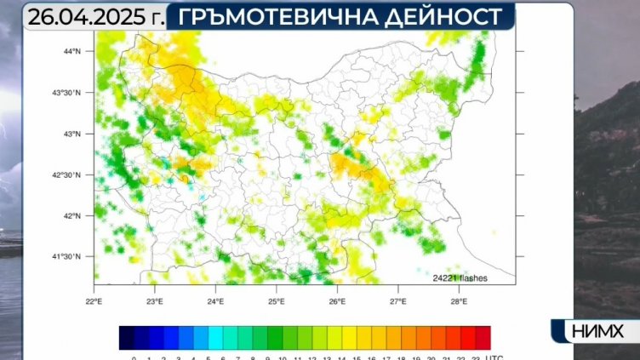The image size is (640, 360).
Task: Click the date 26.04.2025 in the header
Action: [86, 15]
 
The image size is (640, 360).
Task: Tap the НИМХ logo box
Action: [593, 330]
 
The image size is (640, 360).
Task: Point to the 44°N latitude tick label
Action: [71, 51]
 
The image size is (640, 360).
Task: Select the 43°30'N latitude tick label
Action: [67, 93]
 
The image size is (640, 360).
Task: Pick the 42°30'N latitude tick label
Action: [67, 174]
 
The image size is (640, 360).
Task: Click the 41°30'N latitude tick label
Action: [67, 256]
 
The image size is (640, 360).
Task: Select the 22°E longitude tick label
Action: [94, 300]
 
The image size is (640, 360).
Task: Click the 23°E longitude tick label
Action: [154, 300]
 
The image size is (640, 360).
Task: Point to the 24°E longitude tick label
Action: [215, 300]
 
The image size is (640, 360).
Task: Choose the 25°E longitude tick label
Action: [276, 300]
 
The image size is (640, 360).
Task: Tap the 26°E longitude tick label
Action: [337, 300]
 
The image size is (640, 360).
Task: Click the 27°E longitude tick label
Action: [397, 300]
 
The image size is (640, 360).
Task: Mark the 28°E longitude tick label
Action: [459, 300]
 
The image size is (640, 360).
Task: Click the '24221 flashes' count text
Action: [460, 277]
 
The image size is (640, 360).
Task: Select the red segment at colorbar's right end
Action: [483, 338]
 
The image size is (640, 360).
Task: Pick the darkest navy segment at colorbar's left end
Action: [127, 338]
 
